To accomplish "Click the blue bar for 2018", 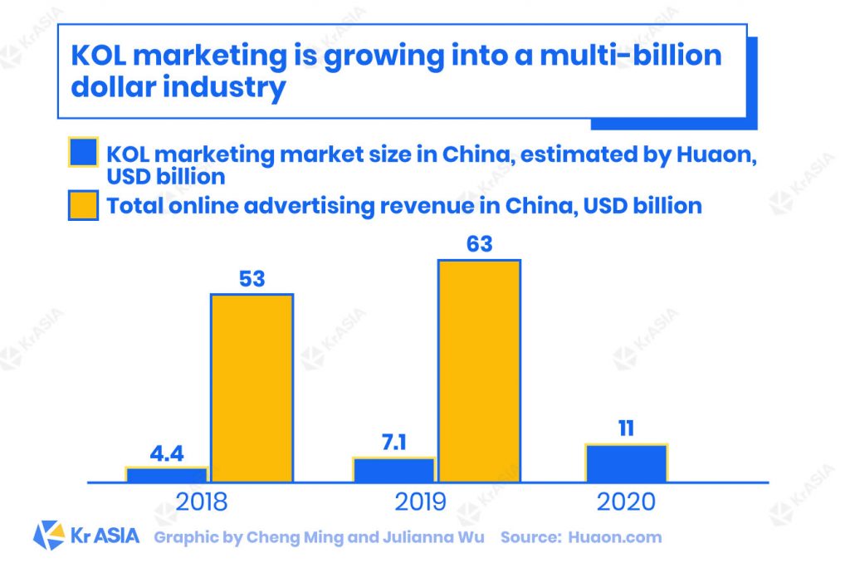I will click(x=167, y=474).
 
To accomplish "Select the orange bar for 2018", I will click(x=252, y=388).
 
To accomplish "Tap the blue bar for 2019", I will click(x=394, y=469).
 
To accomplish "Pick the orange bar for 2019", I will click(x=479, y=370).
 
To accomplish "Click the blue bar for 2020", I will click(x=626, y=463).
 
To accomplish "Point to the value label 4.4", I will click(x=167, y=454).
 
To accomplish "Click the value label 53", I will click(x=251, y=279).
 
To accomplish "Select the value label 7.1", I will click(x=394, y=443).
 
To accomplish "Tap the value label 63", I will click(x=479, y=244).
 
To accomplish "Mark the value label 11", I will click(x=626, y=429).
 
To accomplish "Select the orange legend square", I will click(x=82, y=204).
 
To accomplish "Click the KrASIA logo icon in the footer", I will click(x=49, y=536).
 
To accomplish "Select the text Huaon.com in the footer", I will click(x=615, y=537).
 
